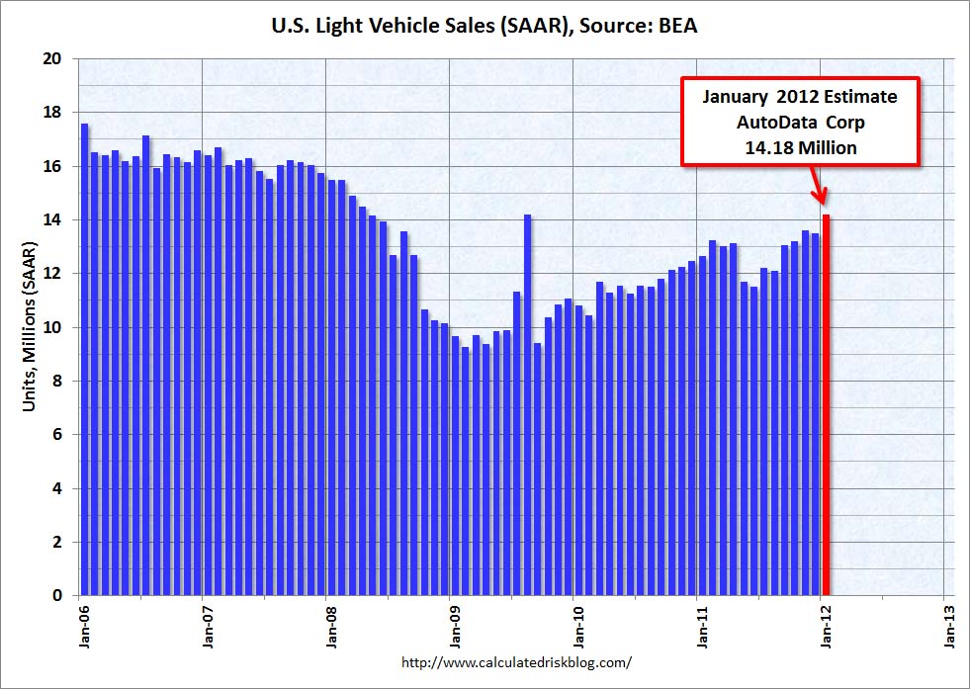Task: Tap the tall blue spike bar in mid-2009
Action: (528, 405)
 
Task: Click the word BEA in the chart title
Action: (677, 27)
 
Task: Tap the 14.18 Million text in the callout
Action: (801, 147)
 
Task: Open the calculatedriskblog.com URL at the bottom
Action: (517, 662)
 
